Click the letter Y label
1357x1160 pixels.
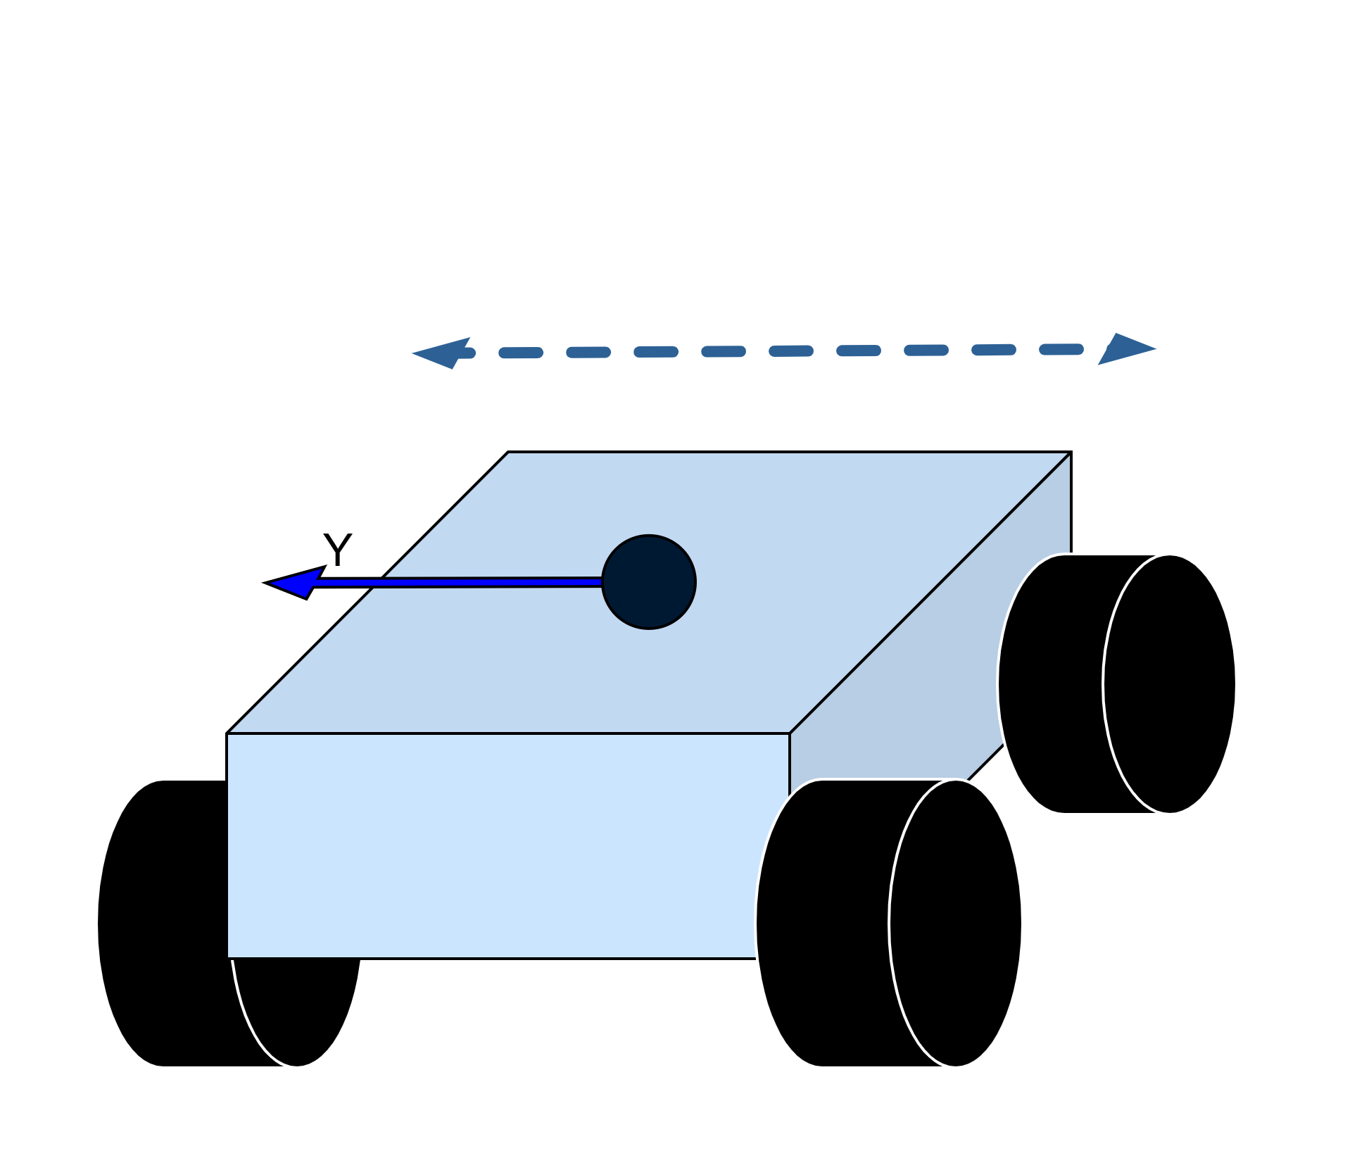337,550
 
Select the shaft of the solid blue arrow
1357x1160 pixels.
457,582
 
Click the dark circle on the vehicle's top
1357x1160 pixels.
649,582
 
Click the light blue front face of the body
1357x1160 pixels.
493,845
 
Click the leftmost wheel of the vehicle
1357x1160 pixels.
169,922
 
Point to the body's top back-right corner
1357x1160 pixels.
1071,453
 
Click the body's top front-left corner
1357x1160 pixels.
227,733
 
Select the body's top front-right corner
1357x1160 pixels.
790,733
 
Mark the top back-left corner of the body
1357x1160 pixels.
508,453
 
